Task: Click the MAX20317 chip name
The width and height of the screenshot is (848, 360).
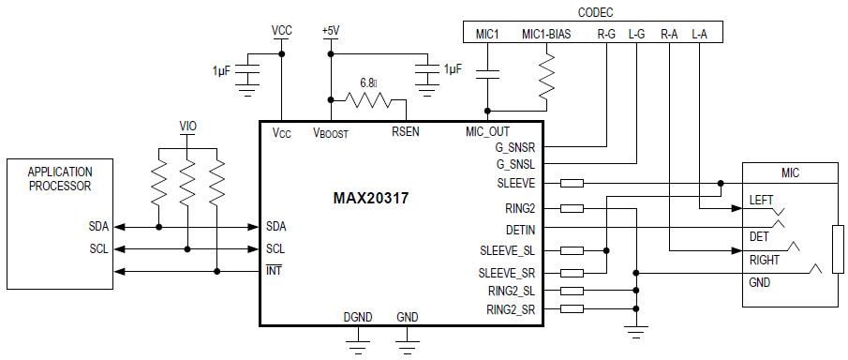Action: coord(375,199)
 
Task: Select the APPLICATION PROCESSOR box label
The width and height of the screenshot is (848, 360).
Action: coord(60,179)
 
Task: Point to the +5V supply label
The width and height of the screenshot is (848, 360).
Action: coord(330,30)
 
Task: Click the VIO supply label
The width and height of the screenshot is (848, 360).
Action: coord(187,125)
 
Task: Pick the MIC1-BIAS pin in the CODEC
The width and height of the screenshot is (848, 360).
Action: coord(545,34)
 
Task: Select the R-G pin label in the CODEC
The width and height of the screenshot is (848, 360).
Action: coord(606,34)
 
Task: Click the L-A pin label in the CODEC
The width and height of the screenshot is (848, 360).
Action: coord(699,34)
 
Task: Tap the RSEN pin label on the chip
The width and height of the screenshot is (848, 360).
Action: coord(405,132)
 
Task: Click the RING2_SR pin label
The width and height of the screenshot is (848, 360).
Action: coord(512,308)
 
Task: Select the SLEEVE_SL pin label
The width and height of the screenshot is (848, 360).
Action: coord(509,250)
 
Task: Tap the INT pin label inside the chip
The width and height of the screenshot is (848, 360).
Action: coord(273,272)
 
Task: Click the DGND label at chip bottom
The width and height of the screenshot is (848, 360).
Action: coord(359,317)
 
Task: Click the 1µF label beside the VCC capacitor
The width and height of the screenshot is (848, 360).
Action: coord(222,71)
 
